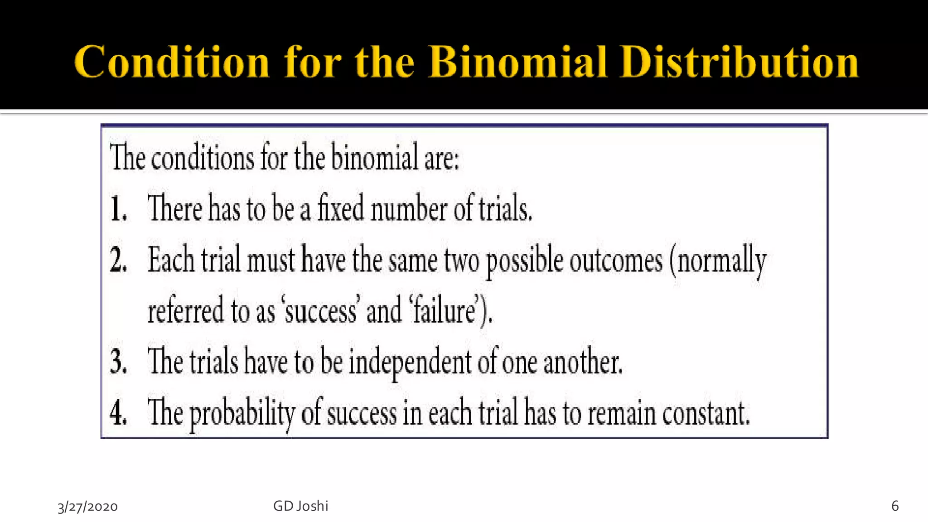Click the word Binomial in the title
click(x=517, y=62)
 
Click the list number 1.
click(x=118, y=209)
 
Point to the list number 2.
click(x=118, y=261)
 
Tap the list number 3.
click(x=118, y=362)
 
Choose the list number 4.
click(x=118, y=413)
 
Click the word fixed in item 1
click(x=340, y=208)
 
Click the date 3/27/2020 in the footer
click(x=87, y=507)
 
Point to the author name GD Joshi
click(x=300, y=506)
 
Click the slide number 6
click(x=894, y=506)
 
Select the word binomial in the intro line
click(x=374, y=158)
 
